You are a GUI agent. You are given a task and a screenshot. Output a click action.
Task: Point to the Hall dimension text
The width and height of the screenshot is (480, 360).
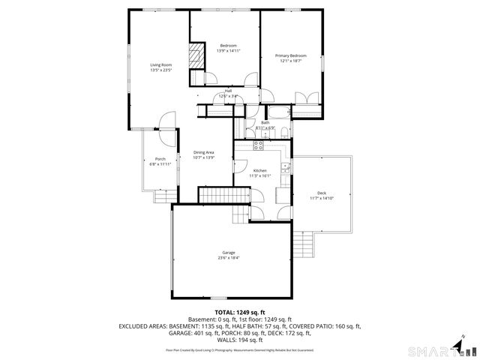tap(228, 97)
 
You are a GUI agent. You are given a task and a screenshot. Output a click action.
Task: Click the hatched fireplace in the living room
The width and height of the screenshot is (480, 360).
tap(196, 55)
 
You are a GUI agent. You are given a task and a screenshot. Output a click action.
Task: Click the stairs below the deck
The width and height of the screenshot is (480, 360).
tap(303, 244)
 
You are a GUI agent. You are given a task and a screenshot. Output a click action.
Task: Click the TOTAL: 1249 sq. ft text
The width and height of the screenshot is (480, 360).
tap(240, 312)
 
